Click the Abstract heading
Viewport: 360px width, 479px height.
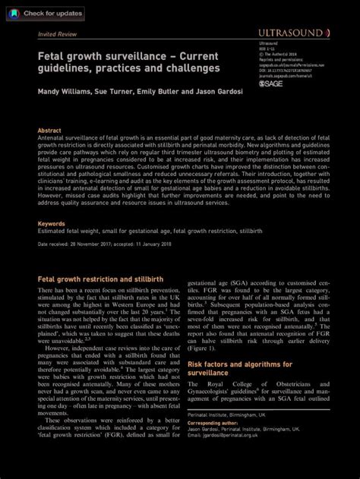click(49, 131)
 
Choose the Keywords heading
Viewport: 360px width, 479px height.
click(52, 224)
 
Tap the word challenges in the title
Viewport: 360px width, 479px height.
click(194, 68)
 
